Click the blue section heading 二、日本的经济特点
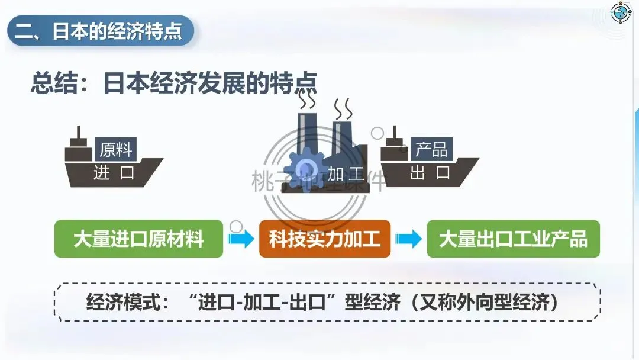(99, 31)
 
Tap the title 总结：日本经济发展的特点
(173, 83)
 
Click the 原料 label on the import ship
(115, 149)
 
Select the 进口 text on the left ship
(114, 173)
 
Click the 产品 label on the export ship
(431, 149)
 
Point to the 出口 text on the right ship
(430, 173)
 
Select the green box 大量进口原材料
(138, 239)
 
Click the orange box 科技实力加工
(324, 239)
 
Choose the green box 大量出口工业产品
(513, 239)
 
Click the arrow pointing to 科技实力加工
(241, 239)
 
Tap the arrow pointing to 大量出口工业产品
(409, 239)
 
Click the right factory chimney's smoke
(343, 108)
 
